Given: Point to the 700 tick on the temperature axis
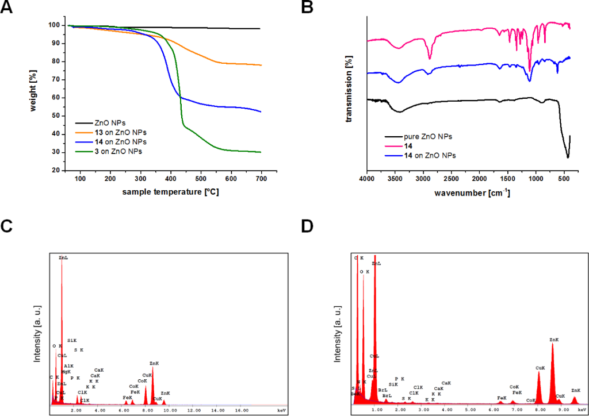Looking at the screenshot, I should [261, 179].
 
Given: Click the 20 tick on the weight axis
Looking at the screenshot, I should [59, 171].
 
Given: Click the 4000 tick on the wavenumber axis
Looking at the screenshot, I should [367, 179].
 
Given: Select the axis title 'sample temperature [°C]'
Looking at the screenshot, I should [170, 191].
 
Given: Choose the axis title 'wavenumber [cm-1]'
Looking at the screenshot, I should [468, 192].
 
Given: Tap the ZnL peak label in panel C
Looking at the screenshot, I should [63, 258].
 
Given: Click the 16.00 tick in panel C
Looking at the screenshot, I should [242, 411].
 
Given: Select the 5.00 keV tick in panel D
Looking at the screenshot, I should [469, 411].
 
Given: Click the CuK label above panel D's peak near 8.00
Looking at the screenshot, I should [540, 368].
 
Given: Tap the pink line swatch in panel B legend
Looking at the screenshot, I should [393, 146].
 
